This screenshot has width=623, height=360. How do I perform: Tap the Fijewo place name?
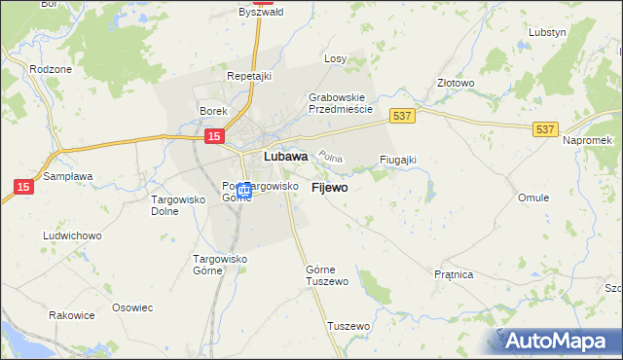(x=329, y=188)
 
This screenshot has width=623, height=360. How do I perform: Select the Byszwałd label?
(x=259, y=13)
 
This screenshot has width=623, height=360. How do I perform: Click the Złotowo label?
(x=456, y=84)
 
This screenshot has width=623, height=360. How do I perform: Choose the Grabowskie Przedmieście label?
(x=341, y=103)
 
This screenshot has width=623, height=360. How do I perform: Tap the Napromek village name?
(x=586, y=141)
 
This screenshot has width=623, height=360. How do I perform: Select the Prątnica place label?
(x=454, y=275)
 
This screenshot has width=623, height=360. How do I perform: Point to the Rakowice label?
(x=72, y=315)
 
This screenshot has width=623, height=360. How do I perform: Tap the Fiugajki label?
(x=398, y=160)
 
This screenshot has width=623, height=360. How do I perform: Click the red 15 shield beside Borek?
(x=214, y=139)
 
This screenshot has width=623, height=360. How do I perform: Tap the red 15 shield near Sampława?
(x=23, y=185)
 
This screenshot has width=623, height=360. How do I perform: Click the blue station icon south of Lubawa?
(x=244, y=190)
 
